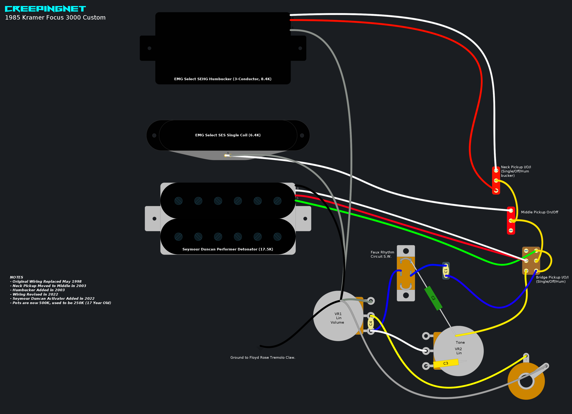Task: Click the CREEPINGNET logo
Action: [x=45, y=9]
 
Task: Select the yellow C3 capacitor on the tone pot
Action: [x=446, y=363]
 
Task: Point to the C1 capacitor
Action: [x=446, y=271]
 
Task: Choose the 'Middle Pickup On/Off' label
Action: [x=539, y=212]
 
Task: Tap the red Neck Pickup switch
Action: [x=496, y=180]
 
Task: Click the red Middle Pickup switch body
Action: [x=511, y=221]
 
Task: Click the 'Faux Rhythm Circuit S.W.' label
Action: [x=382, y=254]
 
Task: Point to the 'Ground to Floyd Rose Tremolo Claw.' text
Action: [x=263, y=358]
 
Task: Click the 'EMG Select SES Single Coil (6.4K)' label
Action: [x=228, y=135]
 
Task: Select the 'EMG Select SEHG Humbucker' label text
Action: [x=223, y=79]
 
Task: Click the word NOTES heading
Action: [x=16, y=277]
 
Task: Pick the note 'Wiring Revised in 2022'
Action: [x=35, y=294]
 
